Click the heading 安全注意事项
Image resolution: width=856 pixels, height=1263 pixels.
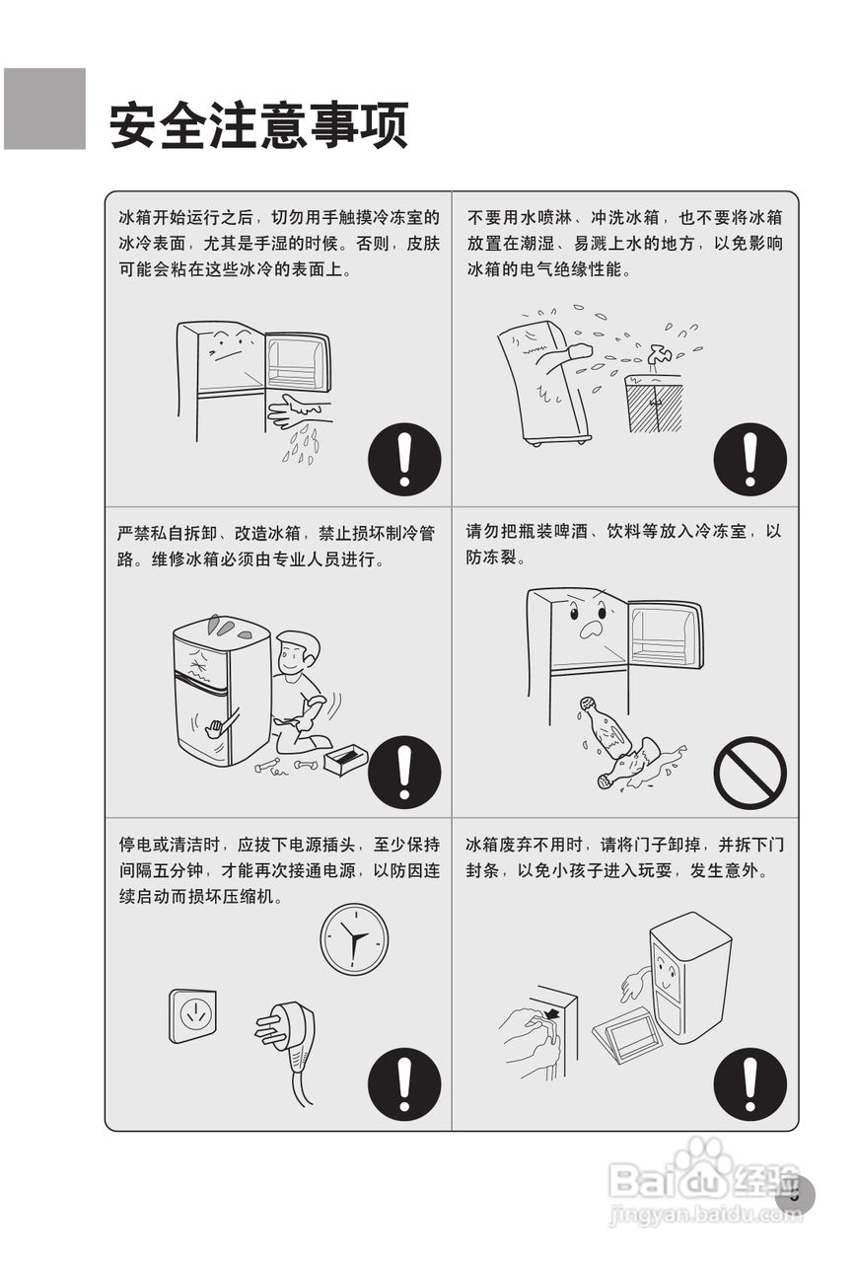259,125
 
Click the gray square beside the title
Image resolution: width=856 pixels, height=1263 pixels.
44,109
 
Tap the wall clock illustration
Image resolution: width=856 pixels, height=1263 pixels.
354,938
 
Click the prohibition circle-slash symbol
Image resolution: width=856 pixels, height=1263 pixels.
749,773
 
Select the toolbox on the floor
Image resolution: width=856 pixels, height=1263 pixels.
345,759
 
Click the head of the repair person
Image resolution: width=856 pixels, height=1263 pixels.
298,652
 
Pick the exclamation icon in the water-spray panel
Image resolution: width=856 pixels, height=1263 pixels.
749,459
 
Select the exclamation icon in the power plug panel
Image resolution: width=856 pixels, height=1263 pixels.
404,1084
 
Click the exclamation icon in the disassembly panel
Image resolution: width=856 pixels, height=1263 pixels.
404,773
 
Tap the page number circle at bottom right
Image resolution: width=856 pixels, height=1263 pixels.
796,1195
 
